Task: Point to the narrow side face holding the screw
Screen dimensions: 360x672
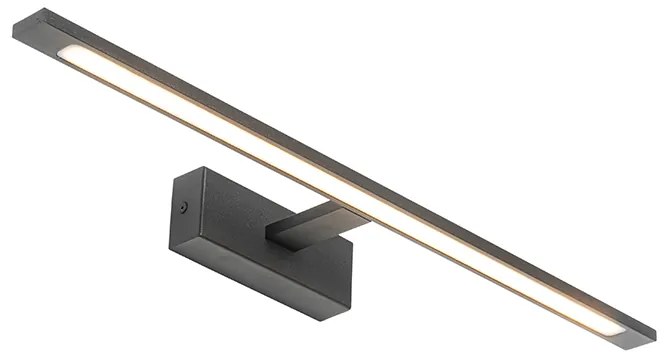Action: coord(184,215)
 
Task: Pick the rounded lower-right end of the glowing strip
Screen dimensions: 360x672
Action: coord(609,326)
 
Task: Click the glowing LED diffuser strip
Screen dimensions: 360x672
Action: coord(330,185)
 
